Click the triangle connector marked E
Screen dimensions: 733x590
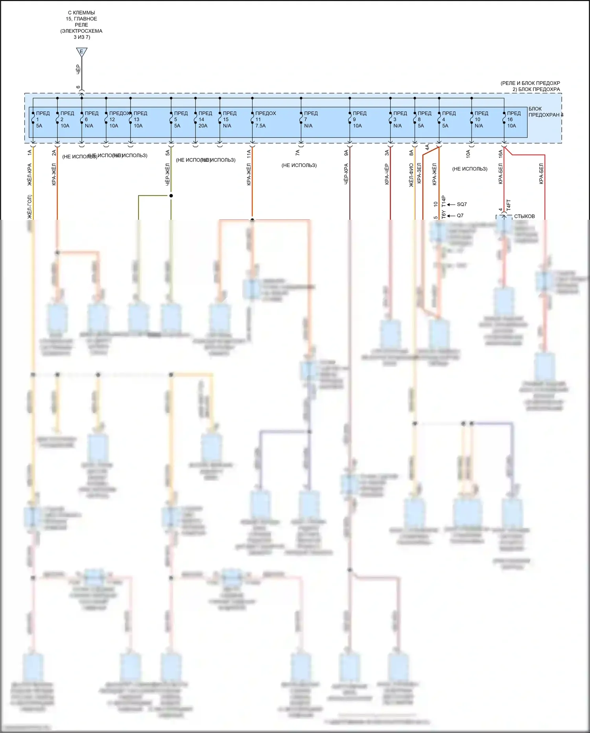[81, 52]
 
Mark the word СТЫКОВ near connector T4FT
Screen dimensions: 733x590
[524, 216]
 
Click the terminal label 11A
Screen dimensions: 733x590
[249, 154]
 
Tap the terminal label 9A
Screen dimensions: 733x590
[346, 153]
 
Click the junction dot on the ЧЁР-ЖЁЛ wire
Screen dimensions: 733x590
[171, 196]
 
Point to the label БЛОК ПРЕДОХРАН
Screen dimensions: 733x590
[545, 112]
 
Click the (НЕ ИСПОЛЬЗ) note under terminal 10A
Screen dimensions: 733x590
[470, 169]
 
